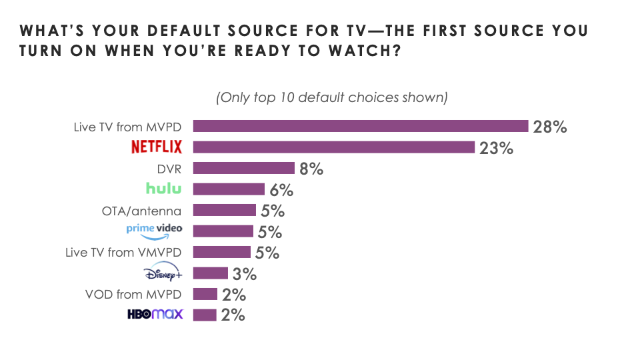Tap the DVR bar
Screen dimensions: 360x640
click(247, 168)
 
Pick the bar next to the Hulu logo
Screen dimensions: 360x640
click(233, 189)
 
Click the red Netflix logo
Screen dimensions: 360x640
click(157, 147)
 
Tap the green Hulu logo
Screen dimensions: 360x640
click(163, 189)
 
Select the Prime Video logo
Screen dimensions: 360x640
click(154, 231)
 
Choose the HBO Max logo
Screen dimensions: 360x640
click(155, 315)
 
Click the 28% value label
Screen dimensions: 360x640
click(550, 127)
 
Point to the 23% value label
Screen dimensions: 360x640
click(496, 148)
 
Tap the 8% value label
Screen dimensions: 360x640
click(311, 169)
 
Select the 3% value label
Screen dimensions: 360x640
click(244, 273)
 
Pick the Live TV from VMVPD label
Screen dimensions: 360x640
click(125, 252)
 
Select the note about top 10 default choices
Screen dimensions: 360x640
click(331, 97)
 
